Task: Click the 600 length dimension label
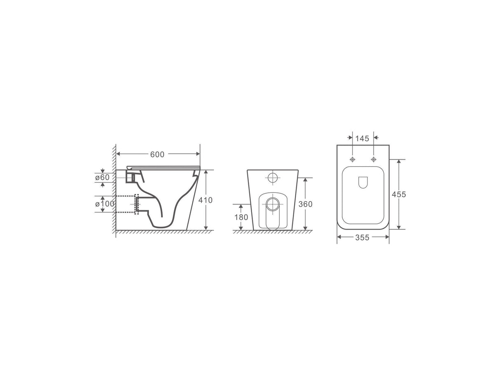click(157, 155)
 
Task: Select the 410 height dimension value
click(206, 200)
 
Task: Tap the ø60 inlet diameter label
click(102, 177)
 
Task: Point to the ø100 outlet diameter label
click(104, 204)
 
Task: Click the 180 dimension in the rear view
click(241, 217)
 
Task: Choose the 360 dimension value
click(305, 204)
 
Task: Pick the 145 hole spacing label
click(362, 138)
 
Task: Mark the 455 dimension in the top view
click(399, 194)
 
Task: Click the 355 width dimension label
click(362, 237)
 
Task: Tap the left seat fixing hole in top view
click(353, 159)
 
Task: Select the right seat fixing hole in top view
click(374, 159)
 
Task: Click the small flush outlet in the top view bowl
click(363, 183)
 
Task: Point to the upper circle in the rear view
click(273, 178)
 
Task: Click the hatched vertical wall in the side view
click(114, 190)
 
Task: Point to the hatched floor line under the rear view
click(272, 232)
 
